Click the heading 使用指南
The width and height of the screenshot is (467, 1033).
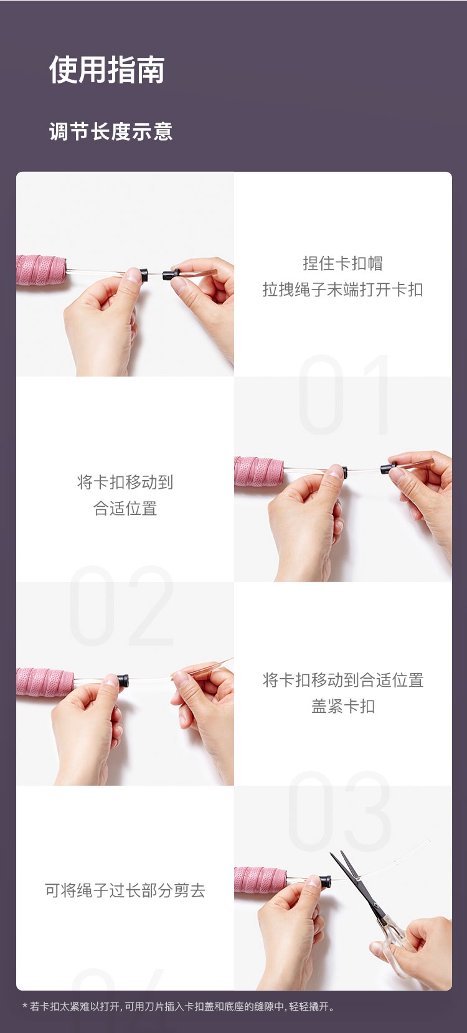point(106,70)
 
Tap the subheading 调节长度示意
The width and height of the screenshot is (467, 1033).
point(111,131)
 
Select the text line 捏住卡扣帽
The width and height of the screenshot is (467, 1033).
point(342,263)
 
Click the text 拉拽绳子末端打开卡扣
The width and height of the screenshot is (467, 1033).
point(342,290)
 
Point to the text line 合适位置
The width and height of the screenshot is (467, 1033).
point(125,509)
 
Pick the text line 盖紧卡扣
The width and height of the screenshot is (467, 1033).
point(342,706)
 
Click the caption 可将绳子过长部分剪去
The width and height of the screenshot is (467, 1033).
point(125,890)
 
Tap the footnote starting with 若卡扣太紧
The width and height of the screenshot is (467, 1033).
point(179,1006)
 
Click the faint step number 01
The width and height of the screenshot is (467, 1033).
point(344,394)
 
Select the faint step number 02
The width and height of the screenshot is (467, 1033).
point(121,605)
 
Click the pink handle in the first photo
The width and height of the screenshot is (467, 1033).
point(42,270)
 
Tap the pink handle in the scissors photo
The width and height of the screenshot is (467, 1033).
point(260,879)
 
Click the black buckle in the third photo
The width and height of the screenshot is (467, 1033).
point(123,681)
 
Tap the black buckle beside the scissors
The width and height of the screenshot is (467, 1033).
point(326,881)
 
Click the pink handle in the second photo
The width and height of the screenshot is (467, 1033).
point(260,471)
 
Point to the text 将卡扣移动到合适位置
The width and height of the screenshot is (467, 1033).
point(342,680)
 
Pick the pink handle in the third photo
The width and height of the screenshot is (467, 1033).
point(45,681)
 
